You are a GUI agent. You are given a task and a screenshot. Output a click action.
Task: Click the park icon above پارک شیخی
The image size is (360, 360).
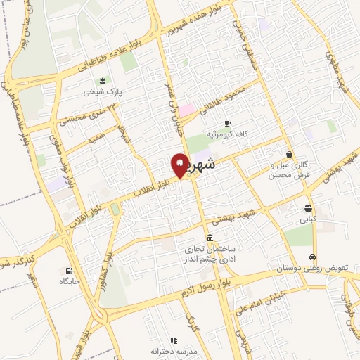[103, 80]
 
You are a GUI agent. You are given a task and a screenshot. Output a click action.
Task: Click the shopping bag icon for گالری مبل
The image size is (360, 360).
[289, 154]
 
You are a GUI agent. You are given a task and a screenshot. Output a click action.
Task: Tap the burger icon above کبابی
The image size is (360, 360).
[309, 208]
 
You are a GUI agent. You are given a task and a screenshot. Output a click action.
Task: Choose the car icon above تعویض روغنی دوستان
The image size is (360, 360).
[312, 257]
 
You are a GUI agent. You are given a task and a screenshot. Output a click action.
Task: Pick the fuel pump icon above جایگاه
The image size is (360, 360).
[67, 271]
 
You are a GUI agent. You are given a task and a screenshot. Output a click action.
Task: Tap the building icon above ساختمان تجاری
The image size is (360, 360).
[210, 237]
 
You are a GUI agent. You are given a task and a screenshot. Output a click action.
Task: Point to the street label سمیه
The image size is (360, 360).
[97, 138]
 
